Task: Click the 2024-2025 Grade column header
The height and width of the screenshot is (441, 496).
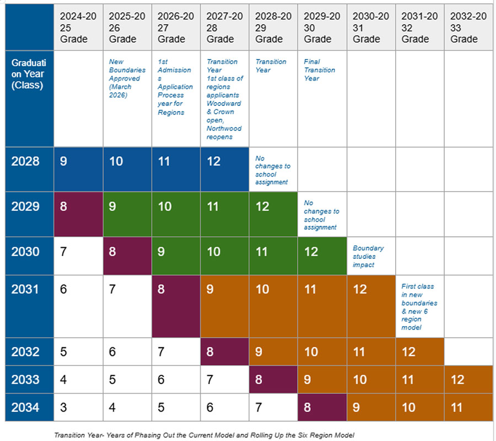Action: point(78,28)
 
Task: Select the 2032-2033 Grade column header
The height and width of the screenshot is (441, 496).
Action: point(468,28)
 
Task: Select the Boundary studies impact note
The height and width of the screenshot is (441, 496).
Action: point(368,256)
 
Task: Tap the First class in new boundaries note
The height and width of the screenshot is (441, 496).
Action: point(419,306)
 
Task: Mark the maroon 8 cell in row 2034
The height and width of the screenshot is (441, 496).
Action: point(322,407)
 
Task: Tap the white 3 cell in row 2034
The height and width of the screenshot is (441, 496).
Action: point(78,407)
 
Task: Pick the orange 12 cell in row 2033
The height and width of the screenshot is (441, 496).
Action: point(468,379)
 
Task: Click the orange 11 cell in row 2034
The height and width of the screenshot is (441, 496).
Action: point(468,407)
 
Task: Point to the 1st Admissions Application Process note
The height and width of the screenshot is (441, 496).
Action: point(175,87)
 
